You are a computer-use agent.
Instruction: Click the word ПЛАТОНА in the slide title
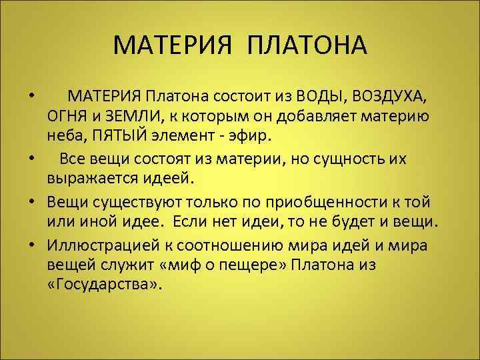307,47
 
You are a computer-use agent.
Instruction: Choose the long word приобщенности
305,201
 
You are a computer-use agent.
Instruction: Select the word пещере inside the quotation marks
238,264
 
